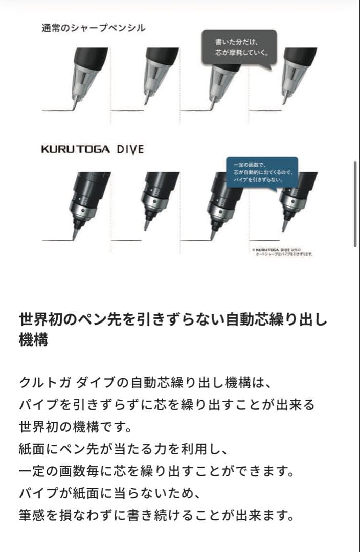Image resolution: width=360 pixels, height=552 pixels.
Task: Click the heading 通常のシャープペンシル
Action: (93, 28)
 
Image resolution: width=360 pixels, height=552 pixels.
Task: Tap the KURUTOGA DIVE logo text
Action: (92, 150)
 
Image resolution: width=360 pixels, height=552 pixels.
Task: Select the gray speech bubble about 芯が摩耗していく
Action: (239, 47)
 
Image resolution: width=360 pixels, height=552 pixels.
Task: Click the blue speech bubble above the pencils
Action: (262, 172)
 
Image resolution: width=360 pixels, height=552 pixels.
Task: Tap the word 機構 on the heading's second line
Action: (33, 340)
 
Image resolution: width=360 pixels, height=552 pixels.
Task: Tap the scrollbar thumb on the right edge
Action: (355, 204)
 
